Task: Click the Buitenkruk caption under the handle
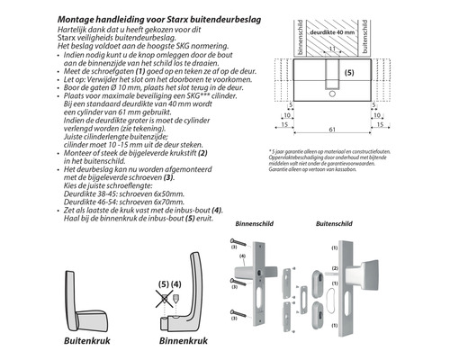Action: coord(83,343)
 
